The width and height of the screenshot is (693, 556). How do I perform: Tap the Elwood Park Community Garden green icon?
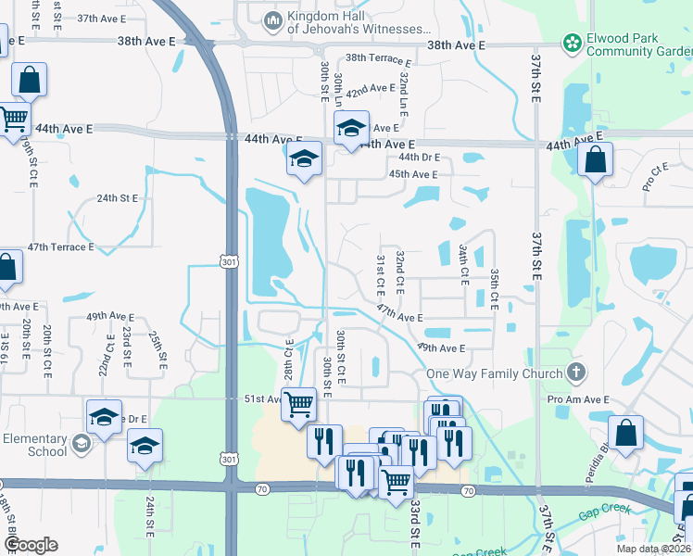(573, 43)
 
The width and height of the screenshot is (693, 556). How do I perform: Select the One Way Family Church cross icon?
(575, 373)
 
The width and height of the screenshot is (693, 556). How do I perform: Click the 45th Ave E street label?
(412, 174)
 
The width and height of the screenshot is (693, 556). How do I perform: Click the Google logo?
(30, 545)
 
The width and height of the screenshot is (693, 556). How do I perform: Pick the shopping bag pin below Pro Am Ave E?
(626, 432)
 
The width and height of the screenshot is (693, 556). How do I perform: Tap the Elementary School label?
(35, 445)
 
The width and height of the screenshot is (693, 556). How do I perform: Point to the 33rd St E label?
(416, 524)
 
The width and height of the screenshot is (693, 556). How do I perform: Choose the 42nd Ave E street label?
(371, 90)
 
